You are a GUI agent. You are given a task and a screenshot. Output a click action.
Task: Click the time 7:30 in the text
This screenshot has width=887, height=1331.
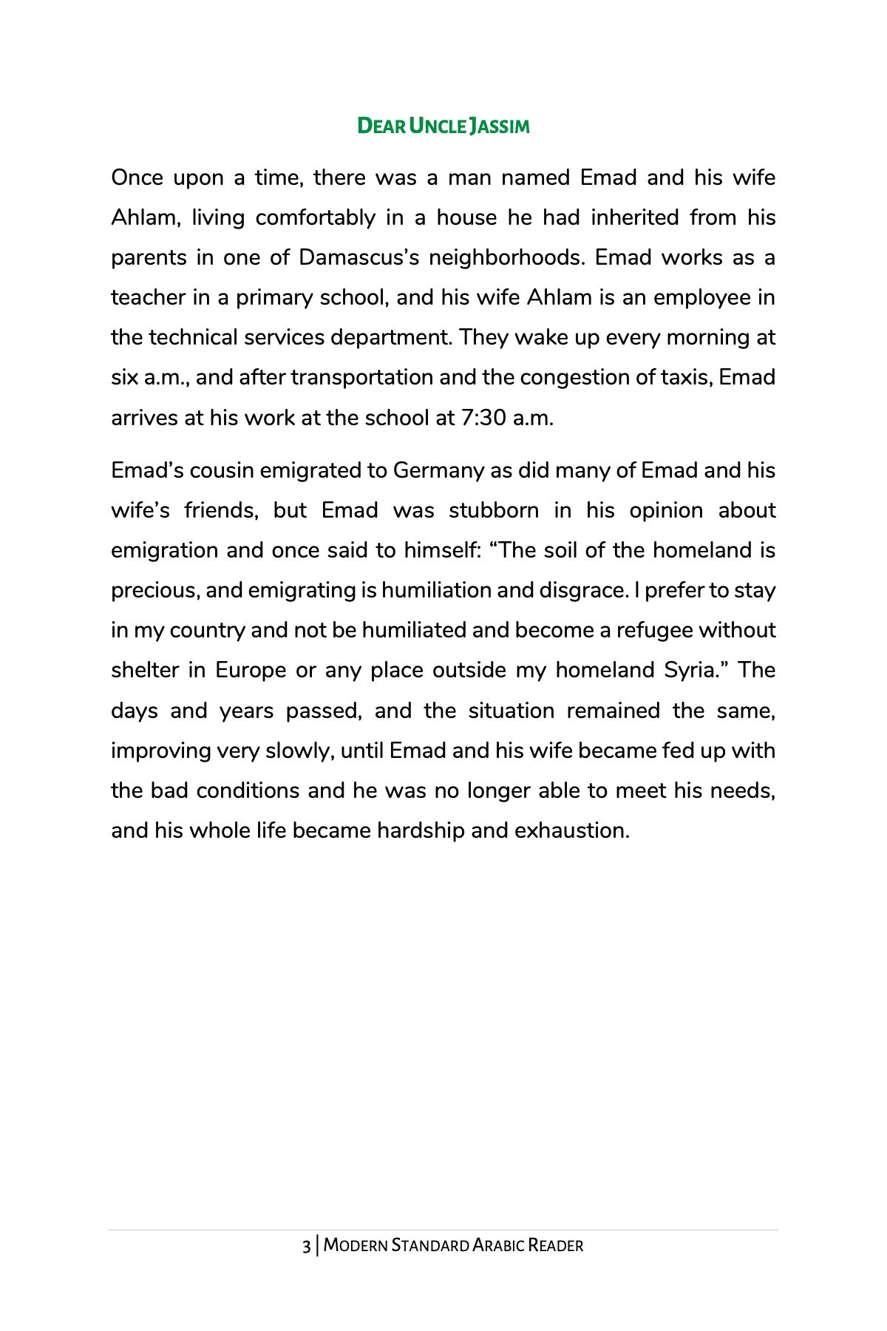[x=483, y=418]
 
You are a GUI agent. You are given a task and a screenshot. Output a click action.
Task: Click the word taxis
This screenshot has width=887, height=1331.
[x=684, y=377]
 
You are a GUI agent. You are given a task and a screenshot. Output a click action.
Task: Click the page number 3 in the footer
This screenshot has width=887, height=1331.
[x=306, y=1246]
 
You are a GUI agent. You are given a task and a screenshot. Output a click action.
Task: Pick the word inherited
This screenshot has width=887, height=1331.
[x=634, y=217]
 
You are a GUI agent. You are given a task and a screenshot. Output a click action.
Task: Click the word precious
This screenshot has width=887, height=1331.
[x=155, y=590]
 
